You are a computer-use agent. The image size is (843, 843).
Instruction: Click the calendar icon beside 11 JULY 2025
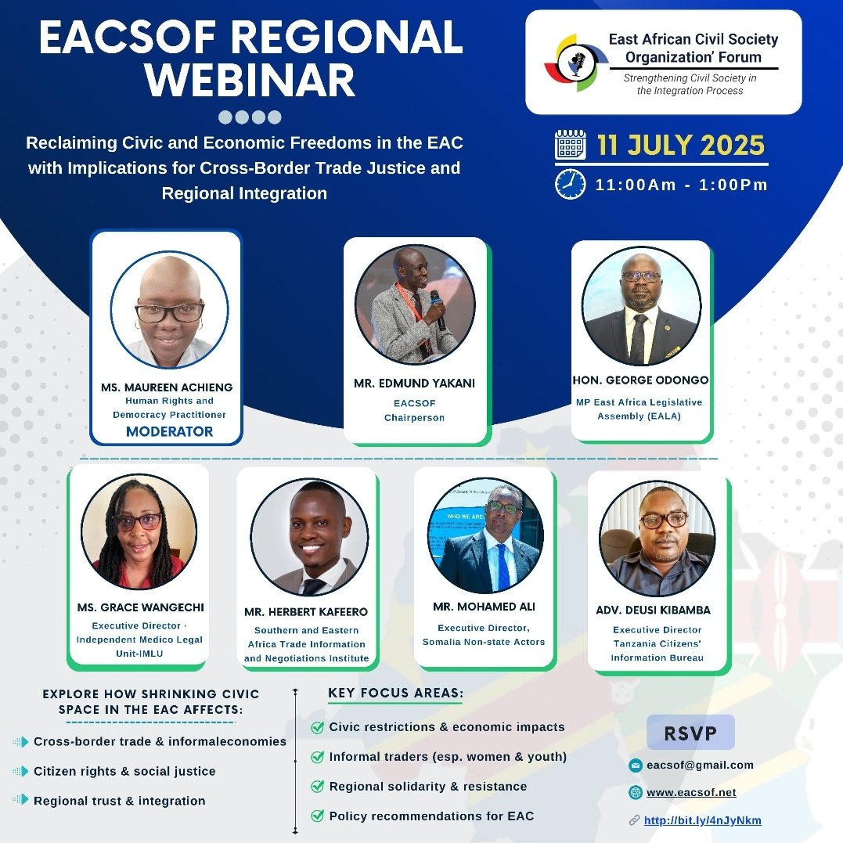(570, 146)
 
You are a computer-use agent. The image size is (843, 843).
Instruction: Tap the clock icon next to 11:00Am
(570, 184)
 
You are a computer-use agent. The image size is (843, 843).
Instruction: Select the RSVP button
(690, 733)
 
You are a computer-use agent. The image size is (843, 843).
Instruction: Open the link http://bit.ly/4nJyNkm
(702, 820)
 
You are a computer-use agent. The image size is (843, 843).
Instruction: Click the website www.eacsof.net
(691, 792)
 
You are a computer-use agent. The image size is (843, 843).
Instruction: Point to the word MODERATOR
(169, 431)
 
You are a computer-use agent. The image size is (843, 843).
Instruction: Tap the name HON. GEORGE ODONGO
(639, 380)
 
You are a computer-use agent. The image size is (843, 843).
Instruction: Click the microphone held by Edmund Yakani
(437, 304)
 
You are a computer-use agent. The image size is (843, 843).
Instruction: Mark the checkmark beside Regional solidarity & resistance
(317, 786)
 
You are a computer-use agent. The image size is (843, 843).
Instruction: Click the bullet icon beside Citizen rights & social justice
(20, 771)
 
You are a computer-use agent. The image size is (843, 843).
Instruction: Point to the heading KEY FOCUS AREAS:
(395, 693)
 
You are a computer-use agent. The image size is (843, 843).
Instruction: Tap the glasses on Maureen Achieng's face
(169, 312)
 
